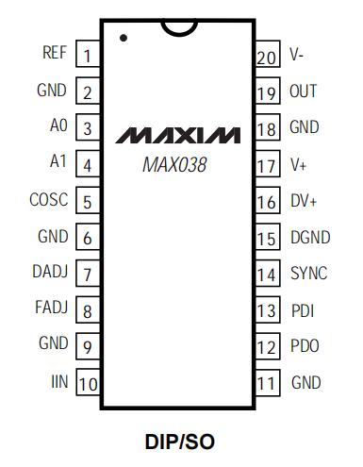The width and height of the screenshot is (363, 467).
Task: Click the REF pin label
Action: [x=55, y=52]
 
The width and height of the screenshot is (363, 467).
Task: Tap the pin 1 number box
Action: [x=88, y=54]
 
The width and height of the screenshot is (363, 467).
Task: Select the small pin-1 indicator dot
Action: [x=124, y=38]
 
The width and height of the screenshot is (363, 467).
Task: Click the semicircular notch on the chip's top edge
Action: [x=179, y=28]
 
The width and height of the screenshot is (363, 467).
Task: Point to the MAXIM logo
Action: [x=177, y=135]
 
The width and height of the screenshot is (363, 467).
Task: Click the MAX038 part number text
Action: [x=174, y=164]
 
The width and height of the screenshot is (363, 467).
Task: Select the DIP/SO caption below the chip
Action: [x=180, y=442]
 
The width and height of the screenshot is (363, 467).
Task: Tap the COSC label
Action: [x=49, y=199]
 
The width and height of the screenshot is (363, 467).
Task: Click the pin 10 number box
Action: [x=88, y=382]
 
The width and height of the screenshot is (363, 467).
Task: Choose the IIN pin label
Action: [x=59, y=381]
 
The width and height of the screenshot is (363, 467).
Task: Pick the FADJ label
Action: [x=52, y=307]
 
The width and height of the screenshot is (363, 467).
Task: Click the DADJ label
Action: [x=50, y=271]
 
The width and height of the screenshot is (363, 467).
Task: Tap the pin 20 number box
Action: [x=268, y=54]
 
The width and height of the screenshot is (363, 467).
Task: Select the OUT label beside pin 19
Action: [x=303, y=91]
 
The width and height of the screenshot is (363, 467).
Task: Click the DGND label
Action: [x=310, y=237]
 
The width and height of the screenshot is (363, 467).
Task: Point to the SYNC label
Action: [x=309, y=273]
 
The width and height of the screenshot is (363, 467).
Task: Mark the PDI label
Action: [x=303, y=310]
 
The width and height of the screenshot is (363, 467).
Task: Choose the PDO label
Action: [x=305, y=345]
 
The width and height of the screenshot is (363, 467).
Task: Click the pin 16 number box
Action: [x=268, y=200]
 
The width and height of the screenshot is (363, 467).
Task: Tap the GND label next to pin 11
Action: [x=306, y=382]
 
